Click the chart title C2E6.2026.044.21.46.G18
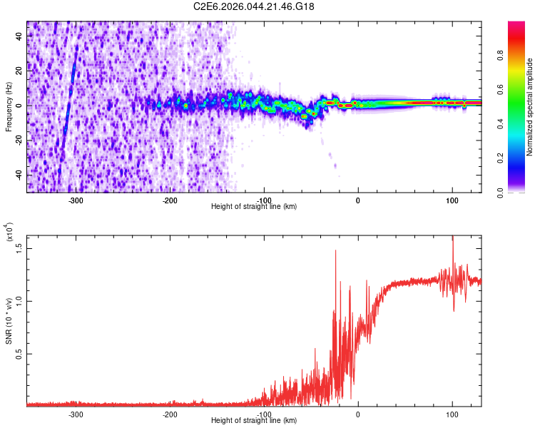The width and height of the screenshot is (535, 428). pyautogui.click(x=254, y=6)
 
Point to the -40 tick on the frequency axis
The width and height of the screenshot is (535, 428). pyautogui.click(x=18, y=175)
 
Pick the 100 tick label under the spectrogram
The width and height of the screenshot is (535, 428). pyautogui.click(x=452, y=200)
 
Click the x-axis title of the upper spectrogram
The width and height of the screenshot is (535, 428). pyautogui.click(x=254, y=207)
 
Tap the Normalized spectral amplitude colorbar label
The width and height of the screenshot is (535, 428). pyautogui.click(x=530, y=107)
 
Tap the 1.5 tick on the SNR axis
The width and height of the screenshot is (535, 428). pyautogui.click(x=19, y=248)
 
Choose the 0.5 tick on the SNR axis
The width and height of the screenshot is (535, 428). pyautogui.click(x=19, y=353)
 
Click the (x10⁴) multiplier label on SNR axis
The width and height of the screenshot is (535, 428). pyautogui.click(x=10, y=232)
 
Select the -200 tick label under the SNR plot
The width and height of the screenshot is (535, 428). pyautogui.click(x=170, y=414)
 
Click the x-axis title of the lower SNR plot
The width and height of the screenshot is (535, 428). pyautogui.click(x=254, y=421)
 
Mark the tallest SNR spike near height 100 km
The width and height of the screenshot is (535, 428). pyautogui.click(x=452, y=238)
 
